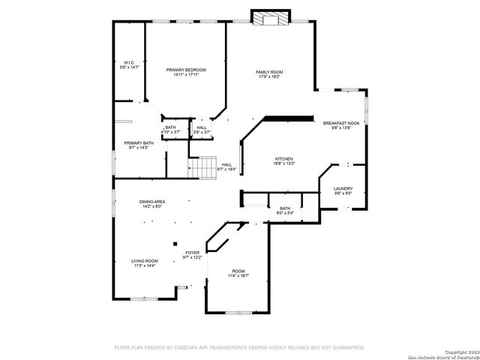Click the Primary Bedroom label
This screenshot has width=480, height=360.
(185, 70)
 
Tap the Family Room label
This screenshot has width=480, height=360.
(270, 72)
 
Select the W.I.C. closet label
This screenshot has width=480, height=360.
(129, 62)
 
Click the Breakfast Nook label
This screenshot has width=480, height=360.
(341, 123)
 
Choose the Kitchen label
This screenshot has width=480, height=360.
(283, 159)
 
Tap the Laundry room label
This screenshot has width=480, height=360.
(343, 189)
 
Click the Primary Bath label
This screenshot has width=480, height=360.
(139, 142)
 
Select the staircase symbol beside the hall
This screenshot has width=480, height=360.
(202, 168)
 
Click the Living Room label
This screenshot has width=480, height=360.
(144, 261)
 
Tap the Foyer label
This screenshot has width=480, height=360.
(193, 253)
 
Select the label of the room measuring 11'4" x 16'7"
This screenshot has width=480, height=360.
(238, 271)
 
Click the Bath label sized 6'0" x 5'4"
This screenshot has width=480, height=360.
(285, 208)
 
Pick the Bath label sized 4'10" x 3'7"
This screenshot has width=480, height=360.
(171, 127)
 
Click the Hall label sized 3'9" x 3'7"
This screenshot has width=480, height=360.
(202, 127)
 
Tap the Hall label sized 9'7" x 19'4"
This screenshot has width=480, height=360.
(226, 165)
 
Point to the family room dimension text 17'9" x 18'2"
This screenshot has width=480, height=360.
(270, 76)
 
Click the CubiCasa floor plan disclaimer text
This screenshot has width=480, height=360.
(239, 348)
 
